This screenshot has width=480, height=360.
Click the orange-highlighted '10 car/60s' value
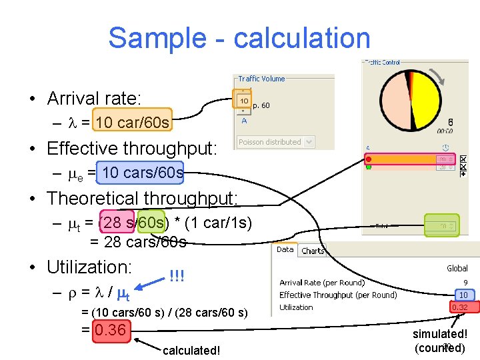click(x=133, y=123)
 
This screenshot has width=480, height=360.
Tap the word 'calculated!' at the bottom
click(x=191, y=351)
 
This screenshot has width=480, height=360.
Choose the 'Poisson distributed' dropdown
click(x=270, y=142)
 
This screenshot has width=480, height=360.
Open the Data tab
click(x=285, y=250)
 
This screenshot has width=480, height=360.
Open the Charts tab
click(x=312, y=251)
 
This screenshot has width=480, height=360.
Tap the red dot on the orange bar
click(x=368, y=159)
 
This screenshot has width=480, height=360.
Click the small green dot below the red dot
click(x=368, y=167)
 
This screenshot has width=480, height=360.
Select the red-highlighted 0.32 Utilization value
click(x=459, y=307)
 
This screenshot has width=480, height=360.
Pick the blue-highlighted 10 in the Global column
click(x=462, y=295)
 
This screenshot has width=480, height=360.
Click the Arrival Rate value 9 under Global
click(x=465, y=283)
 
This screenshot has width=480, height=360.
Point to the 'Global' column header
click(x=457, y=268)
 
